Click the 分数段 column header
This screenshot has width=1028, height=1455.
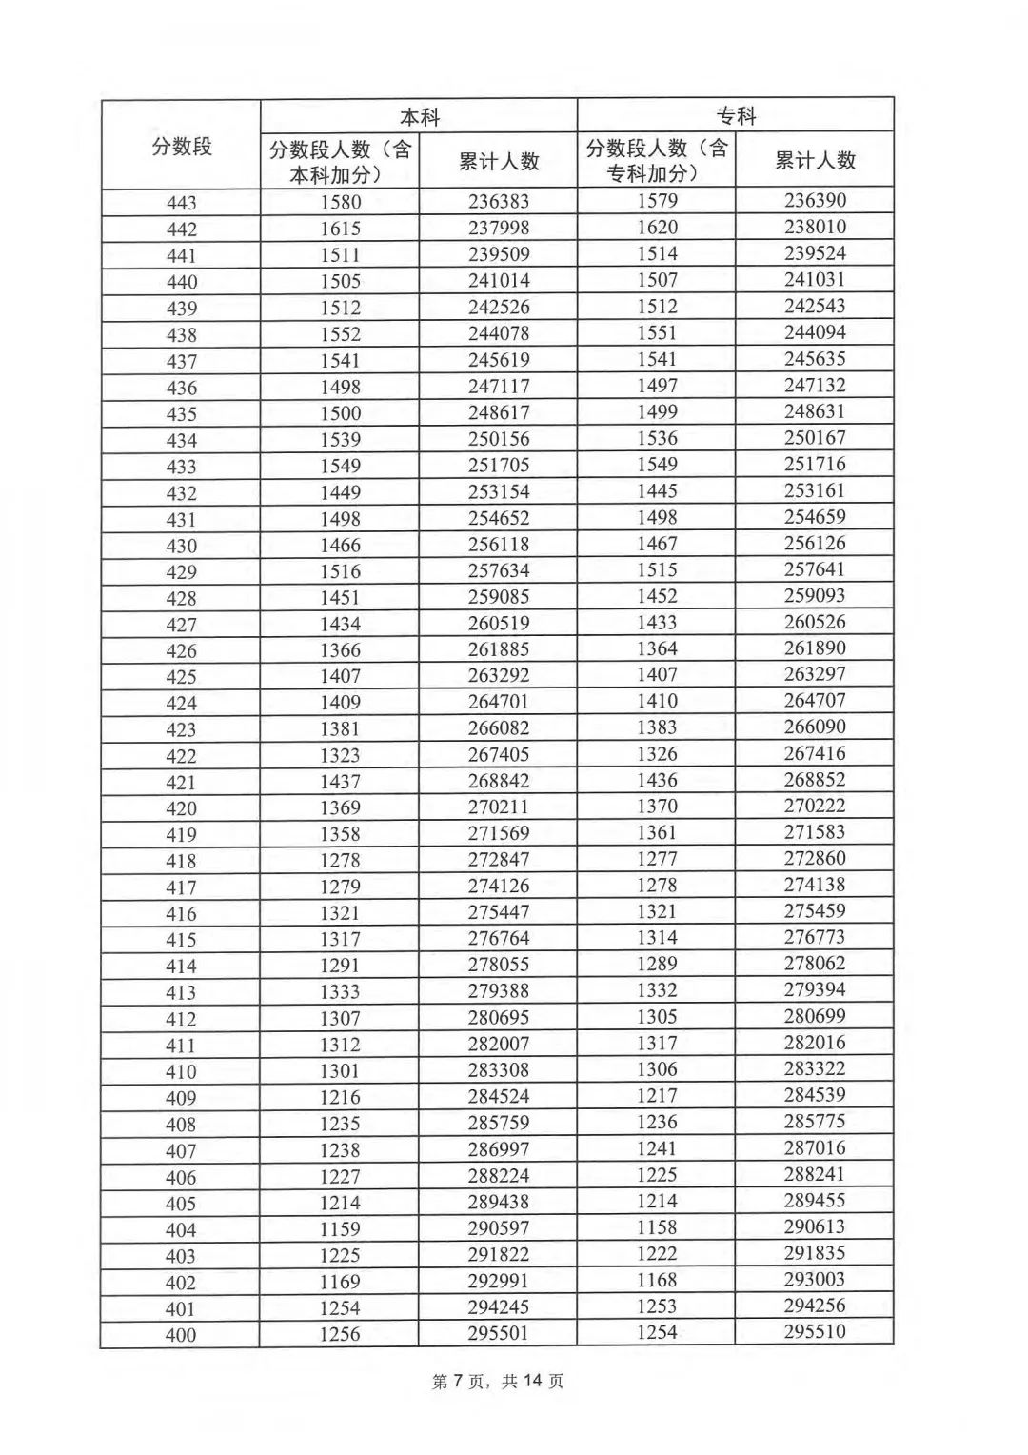pyautogui.click(x=181, y=146)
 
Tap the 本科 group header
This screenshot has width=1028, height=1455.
pyautogui.click(x=419, y=117)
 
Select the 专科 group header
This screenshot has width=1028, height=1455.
pyautogui.click(x=736, y=115)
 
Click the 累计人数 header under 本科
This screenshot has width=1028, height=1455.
pyautogui.click(x=498, y=161)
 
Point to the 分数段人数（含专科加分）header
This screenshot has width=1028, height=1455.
pyautogui.click(x=656, y=160)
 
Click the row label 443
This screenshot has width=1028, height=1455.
pyautogui.click(x=181, y=203)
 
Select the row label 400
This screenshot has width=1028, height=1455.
pyautogui.click(x=181, y=1335)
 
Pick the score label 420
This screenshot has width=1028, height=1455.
pyautogui.click(x=181, y=808)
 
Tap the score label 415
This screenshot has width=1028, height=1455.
pyautogui.click(x=181, y=940)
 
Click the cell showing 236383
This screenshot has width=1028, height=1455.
pyautogui.click(x=498, y=202)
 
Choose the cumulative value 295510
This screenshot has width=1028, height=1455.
pyautogui.click(x=815, y=1331)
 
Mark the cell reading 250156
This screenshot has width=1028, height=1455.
pyautogui.click(x=498, y=439)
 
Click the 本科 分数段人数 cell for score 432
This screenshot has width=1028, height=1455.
pyautogui.click(x=340, y=492)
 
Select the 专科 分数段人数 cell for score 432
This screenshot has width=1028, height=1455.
pyautogui.click(x=657, y=490)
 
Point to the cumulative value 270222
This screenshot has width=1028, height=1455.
pyautogui.click(x=815, y=806)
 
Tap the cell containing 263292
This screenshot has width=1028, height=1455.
pyautogui.click(x=498, y=675)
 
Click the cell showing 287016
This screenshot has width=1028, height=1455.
pyautogui.click(x=815, y=1147)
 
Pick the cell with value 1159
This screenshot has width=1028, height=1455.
pyautogui.click(x=340, y=1228)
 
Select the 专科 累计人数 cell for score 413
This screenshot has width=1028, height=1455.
pyautogui.click(x=815, y=989)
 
